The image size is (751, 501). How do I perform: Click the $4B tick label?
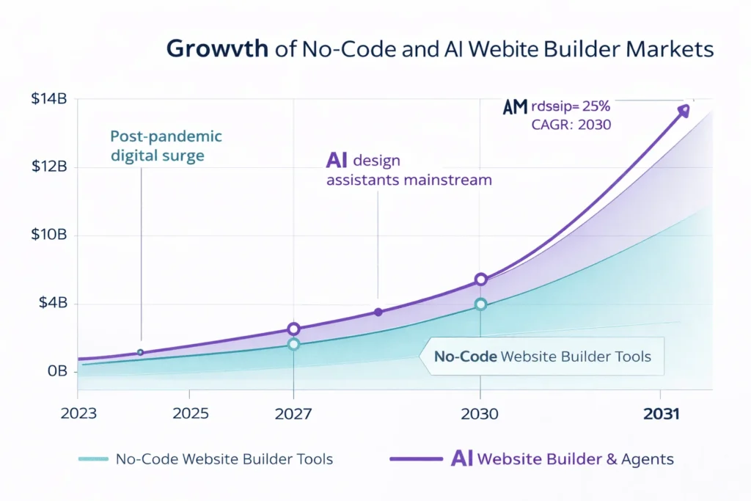point(50,304)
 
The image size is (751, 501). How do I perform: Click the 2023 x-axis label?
point(78,414)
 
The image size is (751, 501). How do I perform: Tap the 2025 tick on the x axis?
point(191,414)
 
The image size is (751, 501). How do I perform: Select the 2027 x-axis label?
point(293,414)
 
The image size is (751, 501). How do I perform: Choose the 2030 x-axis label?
point(480,414)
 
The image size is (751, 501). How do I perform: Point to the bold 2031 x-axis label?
point(661,414)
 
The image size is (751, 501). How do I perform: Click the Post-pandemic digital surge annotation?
point(166,146)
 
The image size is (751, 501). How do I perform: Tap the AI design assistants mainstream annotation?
point(407,169)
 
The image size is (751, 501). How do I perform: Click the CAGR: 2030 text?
point(571,124)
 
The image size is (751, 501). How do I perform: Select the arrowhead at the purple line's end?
point(684,110)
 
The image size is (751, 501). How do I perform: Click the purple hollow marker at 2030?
point(481,279)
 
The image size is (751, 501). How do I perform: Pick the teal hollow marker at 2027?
point(293,344)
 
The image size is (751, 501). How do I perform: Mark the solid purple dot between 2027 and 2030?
point(378,312)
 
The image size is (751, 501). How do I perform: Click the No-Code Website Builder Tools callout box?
point(542,357)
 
